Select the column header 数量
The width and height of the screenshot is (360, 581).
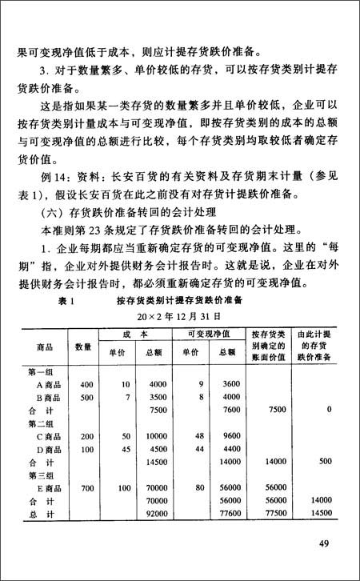(x=84, y=347)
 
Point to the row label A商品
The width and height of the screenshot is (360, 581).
(x=51, y=383)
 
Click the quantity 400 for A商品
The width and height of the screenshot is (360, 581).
(x=87, y=383)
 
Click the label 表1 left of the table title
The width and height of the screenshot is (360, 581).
(x=66, y=302)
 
